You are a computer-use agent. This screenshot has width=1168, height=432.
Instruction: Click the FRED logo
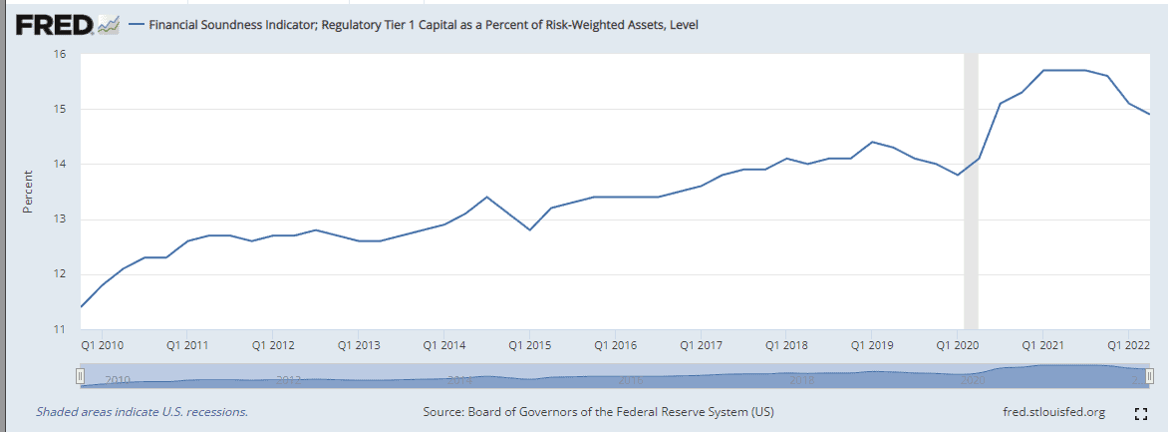tap(55, 25)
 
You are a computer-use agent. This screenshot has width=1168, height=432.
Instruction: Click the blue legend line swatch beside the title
tap(136, 25)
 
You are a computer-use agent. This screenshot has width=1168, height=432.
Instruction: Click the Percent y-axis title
tap(28, 192)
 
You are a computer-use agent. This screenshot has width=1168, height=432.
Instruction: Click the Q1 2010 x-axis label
tap(104, 345)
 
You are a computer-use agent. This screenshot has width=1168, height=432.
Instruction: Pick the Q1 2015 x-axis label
tap(530, 345)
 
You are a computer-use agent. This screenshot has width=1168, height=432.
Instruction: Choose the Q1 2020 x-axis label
tap(957, 345)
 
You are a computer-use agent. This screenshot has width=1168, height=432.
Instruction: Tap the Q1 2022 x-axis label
tap(1128, 345)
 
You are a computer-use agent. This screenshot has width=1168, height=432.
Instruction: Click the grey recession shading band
tap(971, 190)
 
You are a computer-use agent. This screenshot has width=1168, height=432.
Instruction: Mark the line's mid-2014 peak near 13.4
tap(486, 198)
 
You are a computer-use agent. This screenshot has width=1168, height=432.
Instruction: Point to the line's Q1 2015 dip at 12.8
tap(530, 229)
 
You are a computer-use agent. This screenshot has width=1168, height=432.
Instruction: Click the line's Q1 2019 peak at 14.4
tap(872, 142)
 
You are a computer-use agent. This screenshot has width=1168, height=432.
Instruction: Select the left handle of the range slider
tap(80, 375)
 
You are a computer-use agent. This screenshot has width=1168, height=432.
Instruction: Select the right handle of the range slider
tap(1149, 375)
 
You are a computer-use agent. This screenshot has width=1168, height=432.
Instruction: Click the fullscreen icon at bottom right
tap(1142, 412)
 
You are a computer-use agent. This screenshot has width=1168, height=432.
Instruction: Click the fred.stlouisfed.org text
tap(1053, 412)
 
